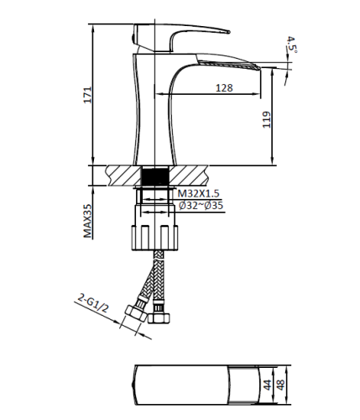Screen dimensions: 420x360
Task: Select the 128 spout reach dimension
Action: (x=223, y=87)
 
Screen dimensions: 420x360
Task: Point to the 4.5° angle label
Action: (x=292, y=43)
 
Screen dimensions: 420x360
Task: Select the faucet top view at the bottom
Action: (x=193, y=384)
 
